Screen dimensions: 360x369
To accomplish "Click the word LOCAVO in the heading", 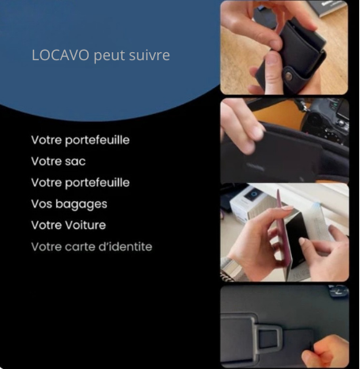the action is pyautogui.click(x=60, y=55).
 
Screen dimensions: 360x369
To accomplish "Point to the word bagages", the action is pyautogui.click(x=81, y=204).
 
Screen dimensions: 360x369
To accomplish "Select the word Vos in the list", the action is pyautogui.click(x=41, y=204).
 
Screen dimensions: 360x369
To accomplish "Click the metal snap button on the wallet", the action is pyautogui.click(x=289, y=77).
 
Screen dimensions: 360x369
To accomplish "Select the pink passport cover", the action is pyautogui.click(x=282, y=232).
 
